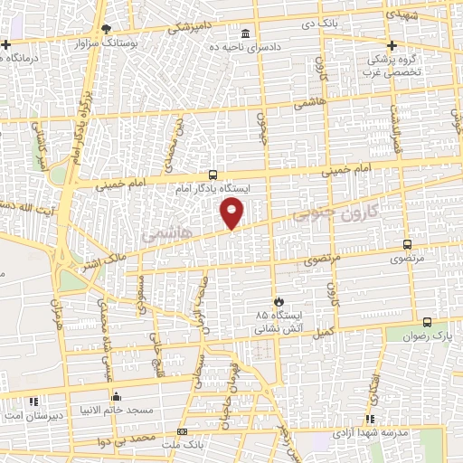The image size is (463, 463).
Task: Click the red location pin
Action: (x=232, y=213)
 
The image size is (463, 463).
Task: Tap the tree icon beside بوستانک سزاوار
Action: (x=106, y=30)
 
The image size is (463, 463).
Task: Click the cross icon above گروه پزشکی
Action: (x=392, y=45)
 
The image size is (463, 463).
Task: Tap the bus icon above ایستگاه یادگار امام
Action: (x=213, y=175)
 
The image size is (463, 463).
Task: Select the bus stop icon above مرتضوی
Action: (x=407, y=243)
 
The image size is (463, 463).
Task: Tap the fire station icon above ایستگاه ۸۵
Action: (x=279, y=302)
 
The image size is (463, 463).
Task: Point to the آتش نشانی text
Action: (x=277, y=329)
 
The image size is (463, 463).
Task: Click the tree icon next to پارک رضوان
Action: (x=428, y=321)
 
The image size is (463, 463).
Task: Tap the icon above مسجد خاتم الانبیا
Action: (x=116, y=395)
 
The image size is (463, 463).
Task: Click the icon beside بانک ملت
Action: (x=182, y=432)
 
